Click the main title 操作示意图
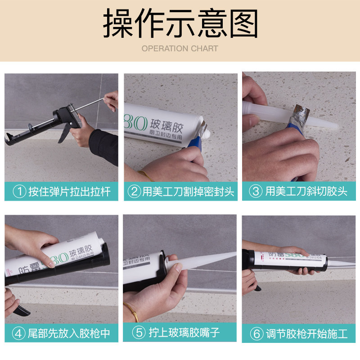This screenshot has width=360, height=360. pos(180,23)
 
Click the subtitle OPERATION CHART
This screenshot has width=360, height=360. pos(180,49)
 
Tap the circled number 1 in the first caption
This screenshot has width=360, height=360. pos(19,191)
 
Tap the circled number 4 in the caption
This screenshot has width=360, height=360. pos(19,333)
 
